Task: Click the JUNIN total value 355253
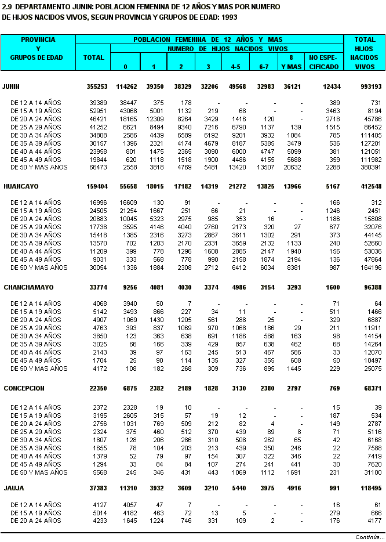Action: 96,86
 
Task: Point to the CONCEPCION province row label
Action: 24,388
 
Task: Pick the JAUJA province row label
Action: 14,488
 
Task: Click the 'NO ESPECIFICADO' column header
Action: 323,62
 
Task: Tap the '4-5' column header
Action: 235,67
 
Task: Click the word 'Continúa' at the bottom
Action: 366,537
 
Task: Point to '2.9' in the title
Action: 8,6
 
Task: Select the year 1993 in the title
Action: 227,17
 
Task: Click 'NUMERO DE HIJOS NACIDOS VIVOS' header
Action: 227,49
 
